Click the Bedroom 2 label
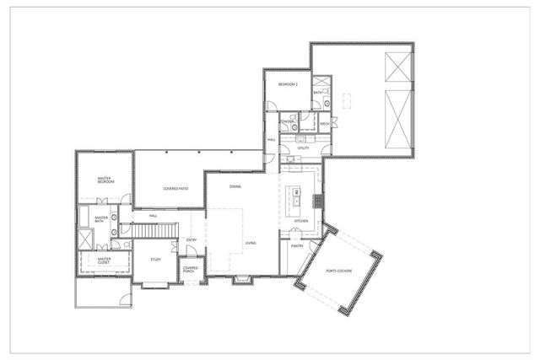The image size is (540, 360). [x=289, y=85]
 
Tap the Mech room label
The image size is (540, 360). [x=325, y=124]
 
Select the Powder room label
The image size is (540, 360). [x=287, y=121]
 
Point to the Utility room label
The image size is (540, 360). [x=303, y=148]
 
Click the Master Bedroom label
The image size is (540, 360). [x=105, y=180]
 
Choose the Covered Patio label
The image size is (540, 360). [x=175, y=189]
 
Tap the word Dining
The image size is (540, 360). [x=235, y=186]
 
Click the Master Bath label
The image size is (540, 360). [x=101, y=220]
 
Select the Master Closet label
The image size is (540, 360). [x=104, y=261]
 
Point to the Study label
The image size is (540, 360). [x=155, y=260]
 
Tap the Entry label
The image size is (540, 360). [x=192, y=240]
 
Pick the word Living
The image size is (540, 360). [x=251, y=244]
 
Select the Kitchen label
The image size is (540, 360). [x=300, y=221]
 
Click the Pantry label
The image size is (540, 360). [x=297, y=246]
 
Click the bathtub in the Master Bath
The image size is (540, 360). [x=86, y=218]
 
